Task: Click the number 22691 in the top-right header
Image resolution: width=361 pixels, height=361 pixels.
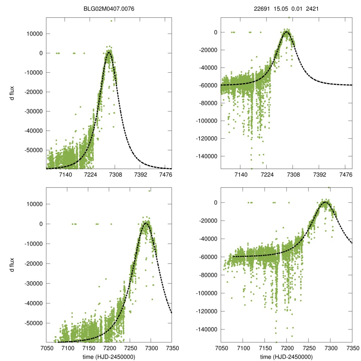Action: coord(261,9)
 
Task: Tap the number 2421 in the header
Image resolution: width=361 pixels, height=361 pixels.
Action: coord(312,9)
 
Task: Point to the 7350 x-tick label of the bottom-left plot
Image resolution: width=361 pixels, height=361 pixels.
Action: coord(172,348)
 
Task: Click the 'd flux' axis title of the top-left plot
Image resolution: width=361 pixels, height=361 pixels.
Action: coord(12,93)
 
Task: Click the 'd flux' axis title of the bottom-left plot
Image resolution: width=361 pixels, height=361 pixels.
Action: coord(12,265)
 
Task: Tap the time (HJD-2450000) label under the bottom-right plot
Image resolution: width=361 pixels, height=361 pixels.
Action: coord(286,356)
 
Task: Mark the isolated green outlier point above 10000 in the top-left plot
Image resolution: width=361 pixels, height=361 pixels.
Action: coord(111,21)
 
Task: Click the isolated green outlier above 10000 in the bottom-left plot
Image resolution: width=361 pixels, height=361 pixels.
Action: coord(149,191)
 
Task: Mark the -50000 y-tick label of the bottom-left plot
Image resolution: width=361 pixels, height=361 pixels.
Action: coord(34,323)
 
